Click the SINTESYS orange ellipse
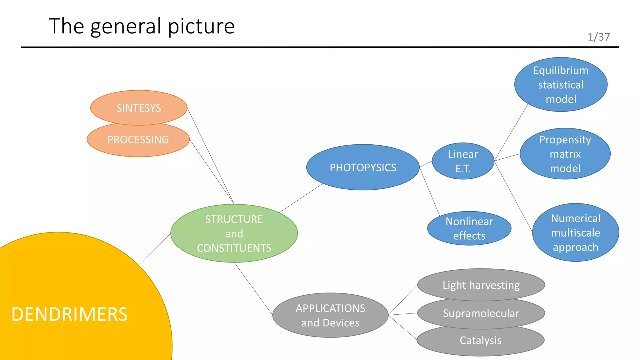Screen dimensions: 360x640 click(x=139, y=108)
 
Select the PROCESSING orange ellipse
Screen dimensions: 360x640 click(x=138, y=140)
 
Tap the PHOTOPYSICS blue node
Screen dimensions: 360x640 click(x=363, y=167)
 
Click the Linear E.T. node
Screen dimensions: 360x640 click(x=463, y=161)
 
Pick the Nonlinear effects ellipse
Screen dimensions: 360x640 click(x=469, y=228)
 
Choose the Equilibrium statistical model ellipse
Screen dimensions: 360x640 click(x=561, y=85)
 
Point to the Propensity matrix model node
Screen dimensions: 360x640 click(x=565, y=154)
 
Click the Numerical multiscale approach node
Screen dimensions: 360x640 click(x=575, y=233)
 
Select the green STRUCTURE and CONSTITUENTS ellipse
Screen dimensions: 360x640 click(x=234, y=233)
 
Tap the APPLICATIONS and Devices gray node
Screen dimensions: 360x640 click(x=330, y=315)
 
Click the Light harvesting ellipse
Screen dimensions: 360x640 click(x=481, y=285)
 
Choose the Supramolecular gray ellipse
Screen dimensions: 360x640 click(x=481, y=313)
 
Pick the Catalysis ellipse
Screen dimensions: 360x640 click(x=480, y=340)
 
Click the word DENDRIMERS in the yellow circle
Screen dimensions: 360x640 click(x=69, y=314)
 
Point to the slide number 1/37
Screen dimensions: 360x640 click(x=598, y=37)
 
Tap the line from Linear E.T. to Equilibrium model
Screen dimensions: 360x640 click(x=511, y=132)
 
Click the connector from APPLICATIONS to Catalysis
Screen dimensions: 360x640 click(x=402, y=327)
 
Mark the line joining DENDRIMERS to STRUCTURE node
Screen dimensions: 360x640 click(x=155, y=249)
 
